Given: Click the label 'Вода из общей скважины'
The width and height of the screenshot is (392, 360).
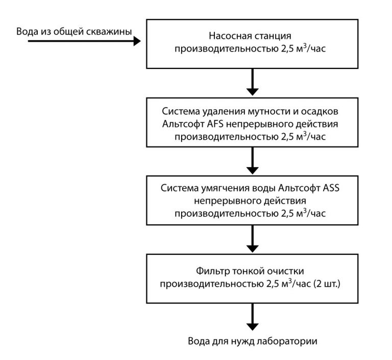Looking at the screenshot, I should pos(74,32).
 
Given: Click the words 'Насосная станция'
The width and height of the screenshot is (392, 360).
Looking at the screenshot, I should pos(250,36).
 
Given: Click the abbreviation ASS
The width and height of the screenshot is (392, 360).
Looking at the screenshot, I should pos(330,189).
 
